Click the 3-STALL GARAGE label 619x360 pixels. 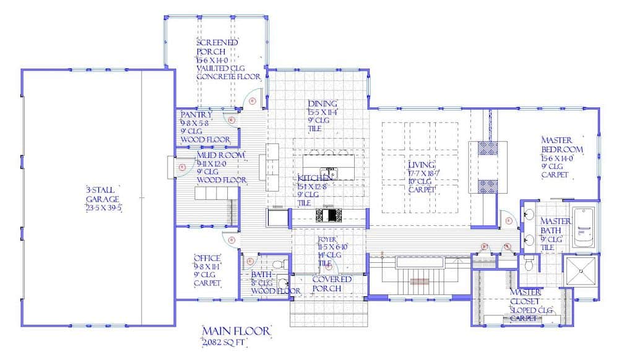(103, 198)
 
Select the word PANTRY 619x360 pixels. (196, 114)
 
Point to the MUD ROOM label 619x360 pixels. (220, 155)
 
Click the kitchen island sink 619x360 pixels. (327, 171)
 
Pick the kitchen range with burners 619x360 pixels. (329, 215)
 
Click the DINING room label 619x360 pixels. (322, 103)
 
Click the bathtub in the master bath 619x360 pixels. (584, 227)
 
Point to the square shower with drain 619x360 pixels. (581, 273)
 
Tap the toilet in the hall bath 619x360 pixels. (279, 265)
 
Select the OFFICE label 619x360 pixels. (207, 258)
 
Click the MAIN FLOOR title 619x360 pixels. (236, 332)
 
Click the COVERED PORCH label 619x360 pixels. (332, 284)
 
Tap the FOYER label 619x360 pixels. (327, 239)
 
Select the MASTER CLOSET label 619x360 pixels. (526, 296)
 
